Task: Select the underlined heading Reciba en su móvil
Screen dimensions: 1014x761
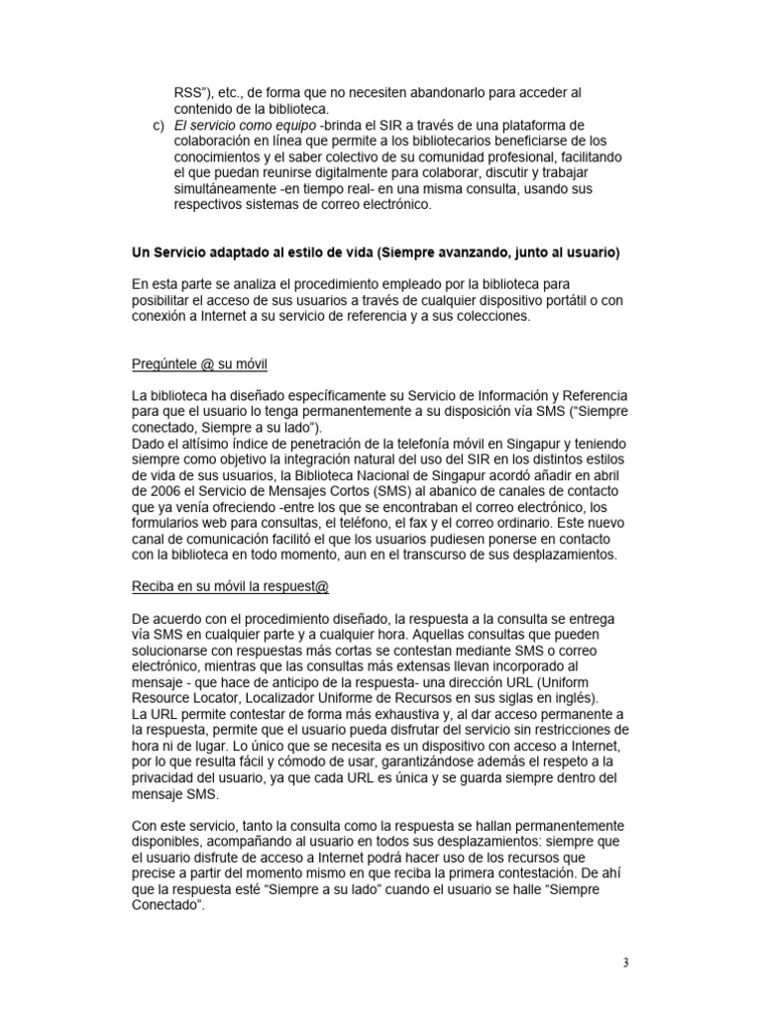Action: [x=217, y=585]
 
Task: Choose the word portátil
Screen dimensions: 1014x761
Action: [x=536, y=301]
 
